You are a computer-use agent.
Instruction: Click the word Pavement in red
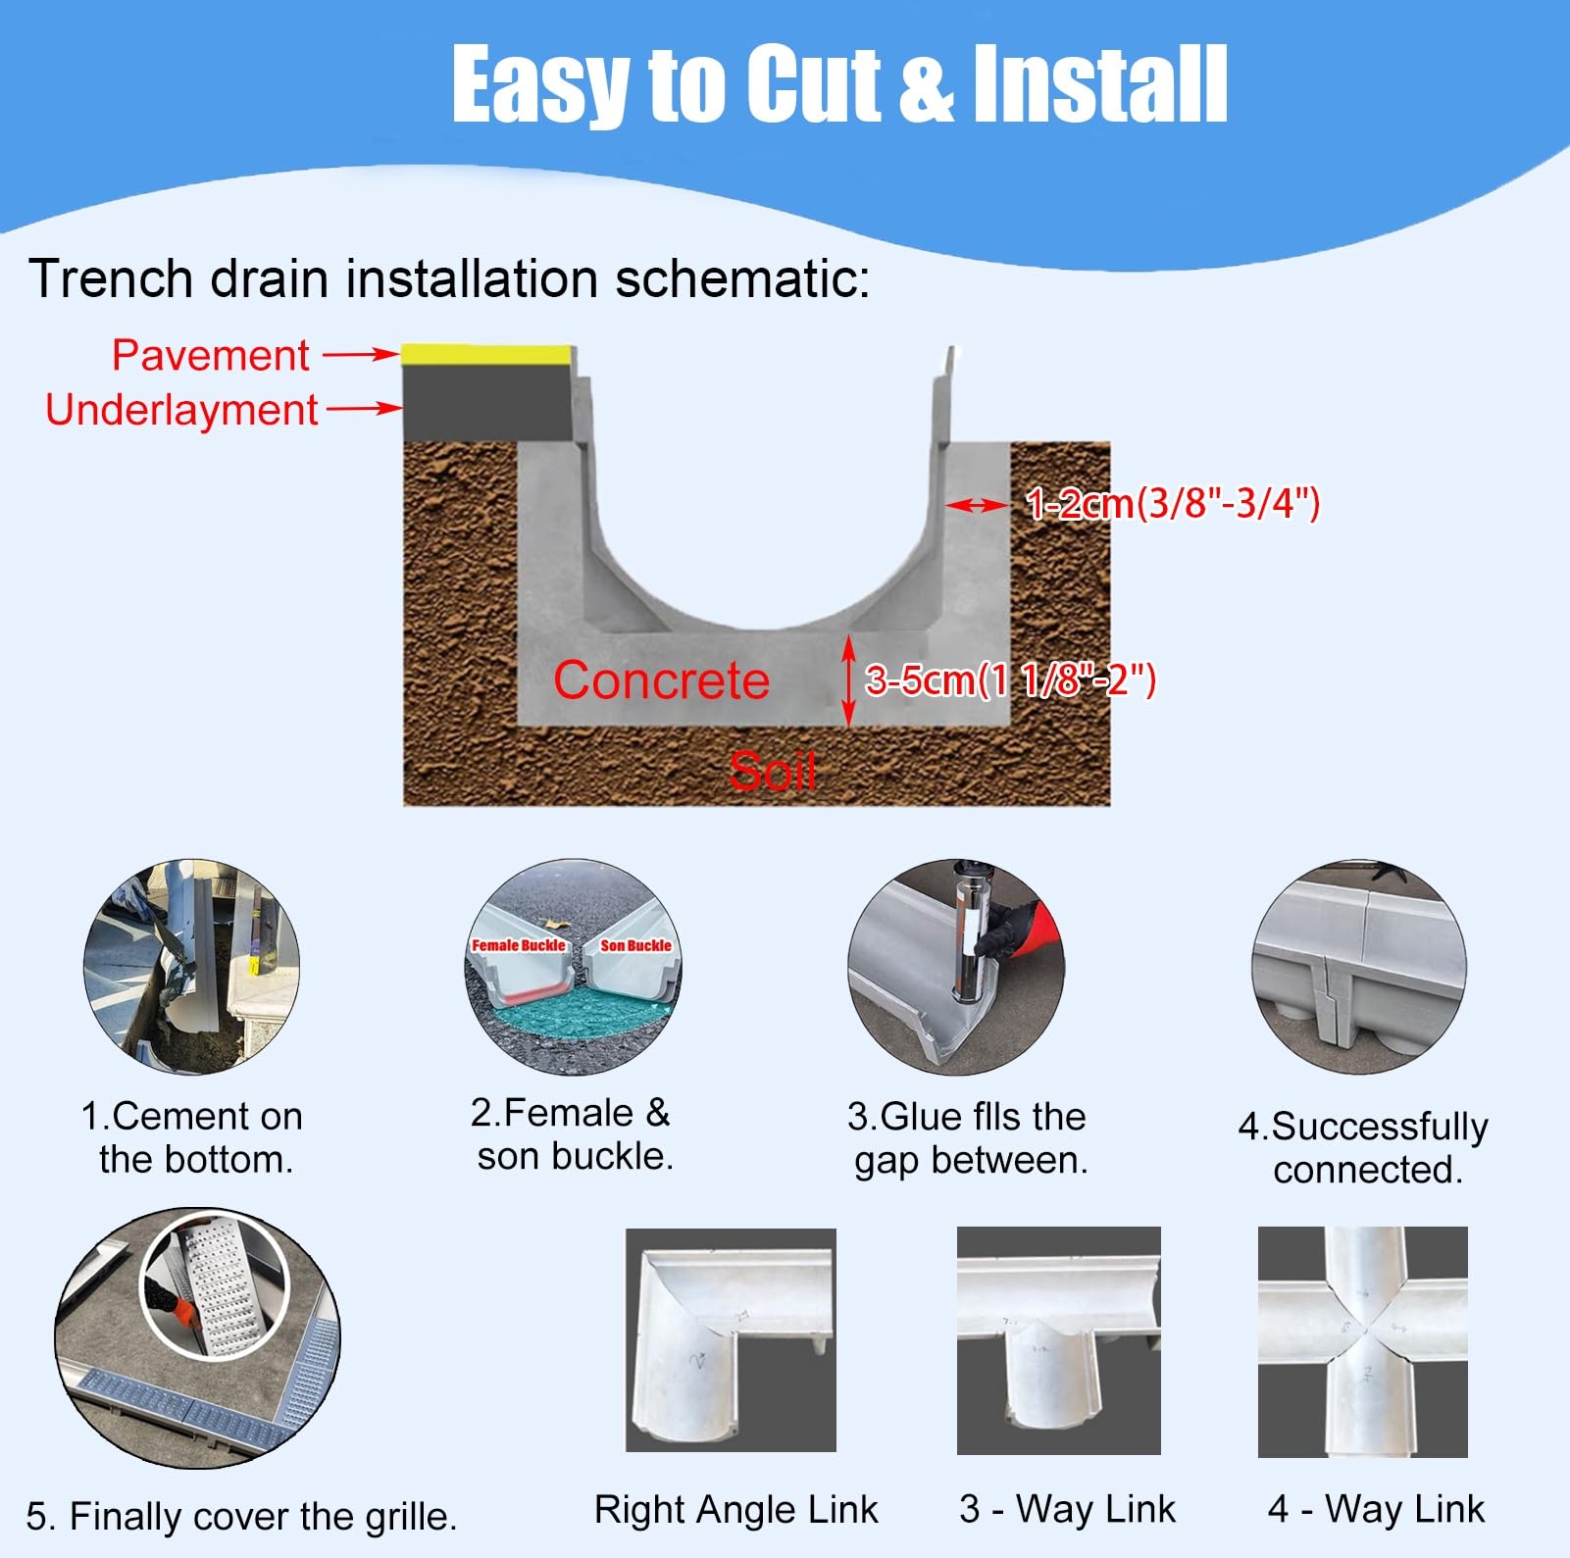(x=210, y=355)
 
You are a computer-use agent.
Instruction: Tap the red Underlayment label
(x=181, y=410)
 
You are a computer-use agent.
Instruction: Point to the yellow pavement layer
(x=487, y=355)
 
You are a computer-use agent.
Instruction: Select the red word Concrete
(x=661, y=680)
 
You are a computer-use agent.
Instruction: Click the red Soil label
(x=772, y=771)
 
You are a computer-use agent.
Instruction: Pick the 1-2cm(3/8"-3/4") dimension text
(x=1173, y=504)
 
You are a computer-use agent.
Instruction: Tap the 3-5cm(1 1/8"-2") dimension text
(x=1010, y=679)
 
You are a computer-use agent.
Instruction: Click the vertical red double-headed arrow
(x=849, y=680)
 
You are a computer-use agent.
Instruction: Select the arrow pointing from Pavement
(x=361, y=355)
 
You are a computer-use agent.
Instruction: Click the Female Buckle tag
(x=519, y=945)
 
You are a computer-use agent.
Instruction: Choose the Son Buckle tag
(x=636, y=945)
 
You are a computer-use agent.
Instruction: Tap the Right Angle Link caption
(x=736, y=1510)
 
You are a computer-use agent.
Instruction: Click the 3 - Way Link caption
(x=1067, y=1508)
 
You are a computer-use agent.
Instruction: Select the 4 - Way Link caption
(x=1376, y=1508)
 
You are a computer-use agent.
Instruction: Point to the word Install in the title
(x=1099, y=85)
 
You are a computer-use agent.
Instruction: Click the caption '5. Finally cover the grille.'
(x=241, y=1516)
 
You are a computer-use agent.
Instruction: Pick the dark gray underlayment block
(x=487, y=403)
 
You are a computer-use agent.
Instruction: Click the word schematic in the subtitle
(x=742, y=278)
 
